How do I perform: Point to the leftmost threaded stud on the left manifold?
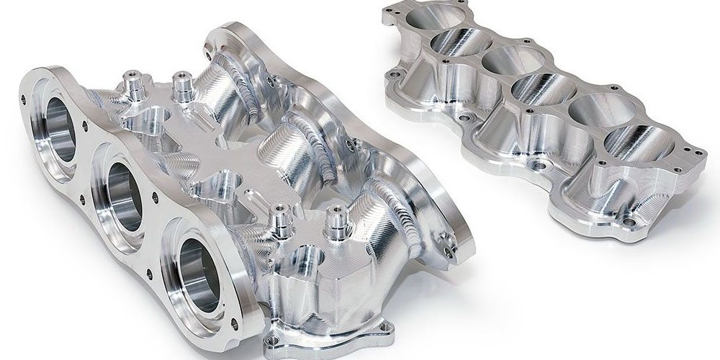(x=132, y=81)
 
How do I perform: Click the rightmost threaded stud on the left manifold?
(x=333, y=220)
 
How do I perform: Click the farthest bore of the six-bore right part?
(x=428, y=15)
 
